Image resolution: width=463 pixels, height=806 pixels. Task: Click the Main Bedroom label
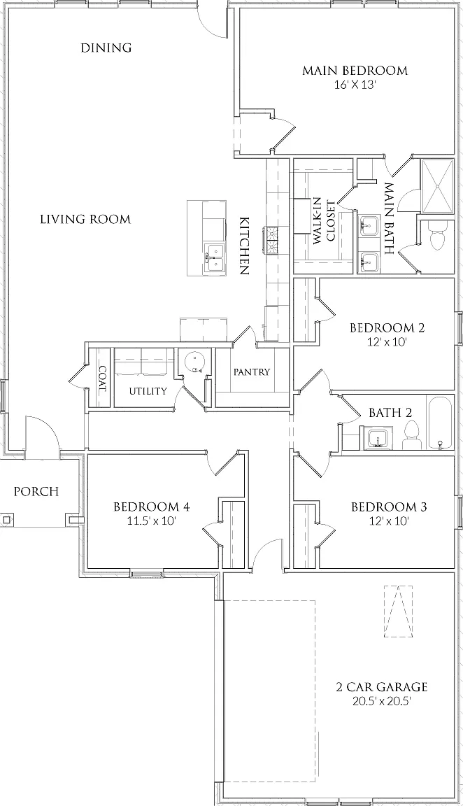click(x=355, y=71)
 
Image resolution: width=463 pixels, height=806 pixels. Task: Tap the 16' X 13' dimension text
click(x=355, y=85)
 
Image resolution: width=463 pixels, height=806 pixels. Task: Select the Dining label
click(x=106, y=48)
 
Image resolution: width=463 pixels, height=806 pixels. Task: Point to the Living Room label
click(x=85, y=220)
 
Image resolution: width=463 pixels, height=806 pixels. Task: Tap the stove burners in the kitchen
click(x=271, y=240)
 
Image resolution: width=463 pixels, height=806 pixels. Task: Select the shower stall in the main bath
click(x=438, y=186)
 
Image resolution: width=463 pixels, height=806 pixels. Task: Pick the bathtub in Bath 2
click(x=439, y=423)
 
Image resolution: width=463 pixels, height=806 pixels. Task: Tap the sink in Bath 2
click(x=379, y=439)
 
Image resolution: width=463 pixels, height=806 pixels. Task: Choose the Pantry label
click(x=251, y=372)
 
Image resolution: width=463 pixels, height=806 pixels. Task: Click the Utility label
click(x=148, y=391)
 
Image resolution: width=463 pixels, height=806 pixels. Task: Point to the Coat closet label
click(x=102, y=379)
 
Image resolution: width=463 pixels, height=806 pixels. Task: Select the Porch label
click(x=36, y=491)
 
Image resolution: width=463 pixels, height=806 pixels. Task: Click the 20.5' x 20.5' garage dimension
click(x=382, y=700)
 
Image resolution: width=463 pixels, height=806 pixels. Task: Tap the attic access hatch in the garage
click(x=398, y=611)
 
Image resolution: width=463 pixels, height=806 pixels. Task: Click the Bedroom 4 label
click(x=152, y=507)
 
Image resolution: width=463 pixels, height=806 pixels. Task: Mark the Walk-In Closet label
click(x=324, y=221)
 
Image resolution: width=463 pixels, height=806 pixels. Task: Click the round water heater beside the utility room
click(x=194, y=362)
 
